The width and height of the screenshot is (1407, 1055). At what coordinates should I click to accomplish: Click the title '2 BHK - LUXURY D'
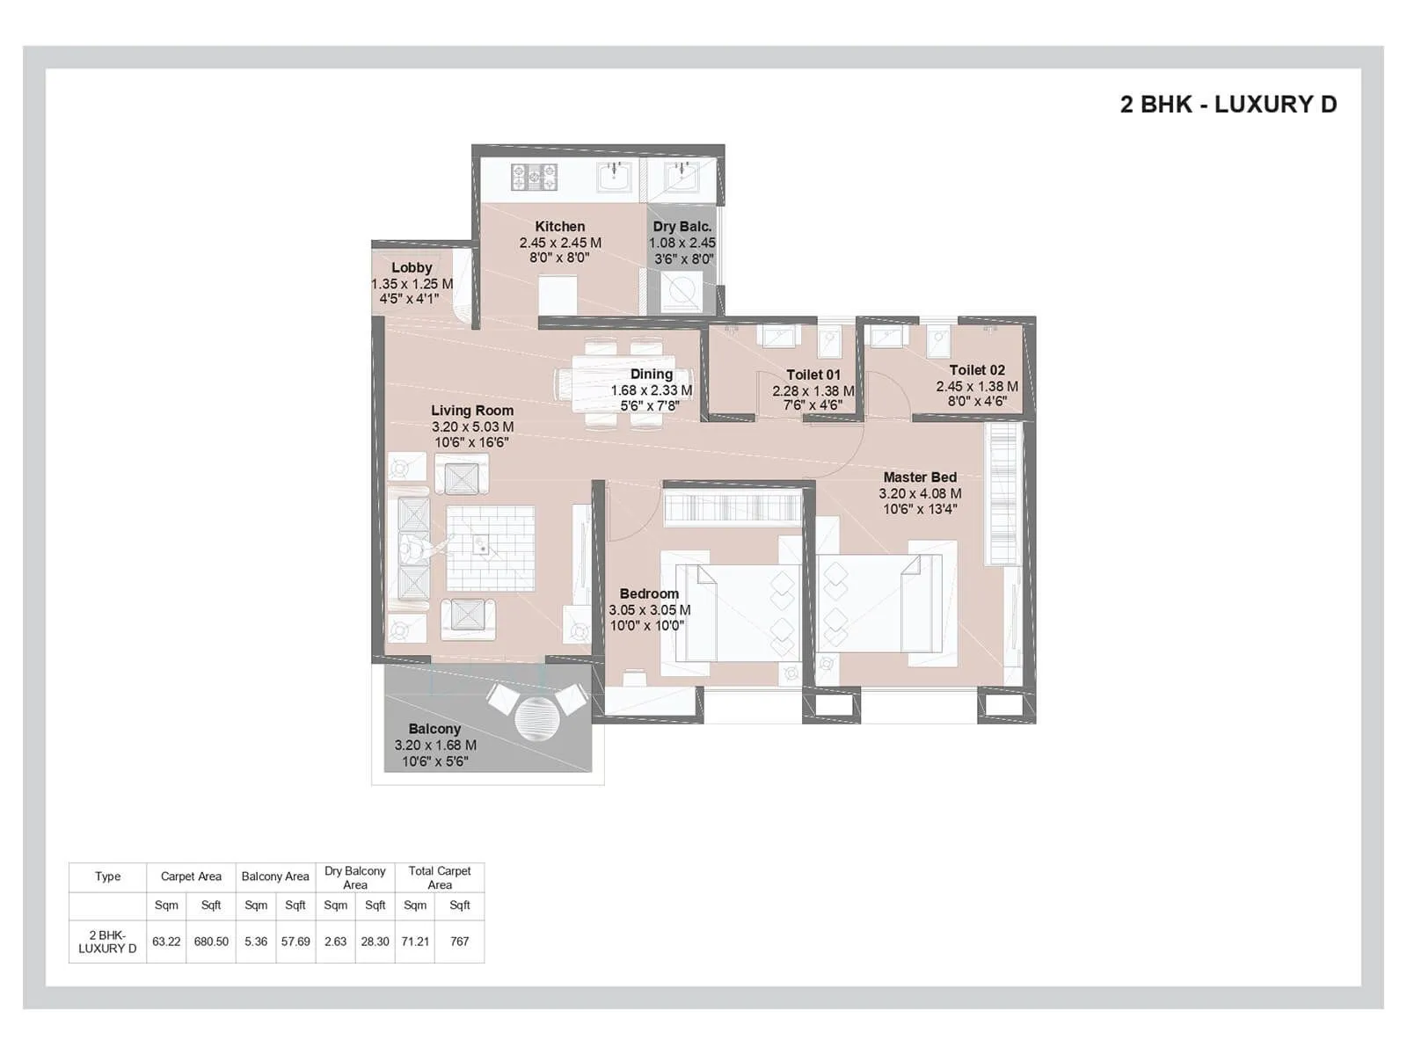tap(1228, 105)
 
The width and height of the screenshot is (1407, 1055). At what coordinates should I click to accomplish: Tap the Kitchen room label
tap(559, 227)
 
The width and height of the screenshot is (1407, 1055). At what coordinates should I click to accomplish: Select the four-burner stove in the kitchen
tap(534, 177)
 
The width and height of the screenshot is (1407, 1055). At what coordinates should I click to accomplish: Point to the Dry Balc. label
tap(682, 227)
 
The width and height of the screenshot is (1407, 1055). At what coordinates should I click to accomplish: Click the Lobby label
tap(412, 267)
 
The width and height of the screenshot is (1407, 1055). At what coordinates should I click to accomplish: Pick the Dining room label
tap(651, 375)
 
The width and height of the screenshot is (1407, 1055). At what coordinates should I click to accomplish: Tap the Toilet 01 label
tap(813, 375)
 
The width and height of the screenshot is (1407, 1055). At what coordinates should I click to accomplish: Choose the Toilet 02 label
tap(976, 370)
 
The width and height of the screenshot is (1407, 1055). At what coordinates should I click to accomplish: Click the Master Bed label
tap(920, 477)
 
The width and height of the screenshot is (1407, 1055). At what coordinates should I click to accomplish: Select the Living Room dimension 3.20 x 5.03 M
tap(472, 426)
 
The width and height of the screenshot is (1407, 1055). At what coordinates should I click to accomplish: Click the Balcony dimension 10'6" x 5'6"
tap(434, 761)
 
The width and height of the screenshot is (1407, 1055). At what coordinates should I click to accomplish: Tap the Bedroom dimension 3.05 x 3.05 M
tap(649, 609)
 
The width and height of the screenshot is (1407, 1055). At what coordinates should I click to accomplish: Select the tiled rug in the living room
tap(490, 548)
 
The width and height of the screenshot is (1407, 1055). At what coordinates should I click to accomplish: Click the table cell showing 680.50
tap(211, 941)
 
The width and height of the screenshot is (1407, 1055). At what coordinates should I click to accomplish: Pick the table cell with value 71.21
tap(415, 941)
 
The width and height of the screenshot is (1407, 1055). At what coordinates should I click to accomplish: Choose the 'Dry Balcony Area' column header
tap(354, 877)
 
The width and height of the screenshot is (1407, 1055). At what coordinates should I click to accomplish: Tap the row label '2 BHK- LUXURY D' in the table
tap(107, 941)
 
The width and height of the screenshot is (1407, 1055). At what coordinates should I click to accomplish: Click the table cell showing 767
tap(459, 941)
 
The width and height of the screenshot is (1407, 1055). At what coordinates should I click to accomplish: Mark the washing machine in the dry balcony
tap(681, 291)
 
